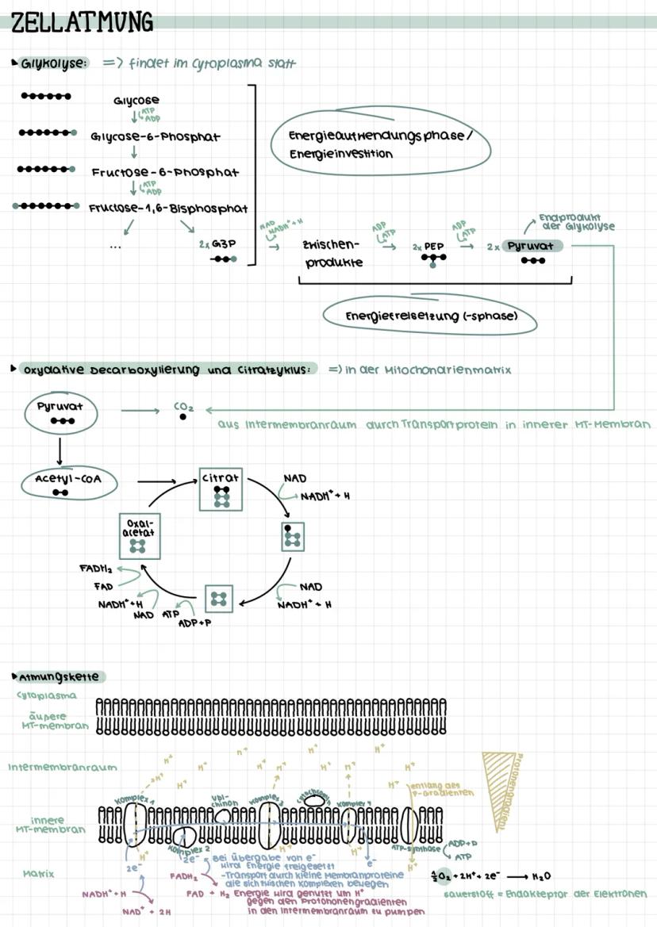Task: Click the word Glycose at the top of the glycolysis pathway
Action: pyautogui.click(x=136, y=100)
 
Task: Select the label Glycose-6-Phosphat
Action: pyautogui.click(x=156, y=136)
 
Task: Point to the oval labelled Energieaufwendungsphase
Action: pyautogui.click(x=378, y=144)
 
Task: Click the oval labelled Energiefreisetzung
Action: pyautogui.click(x=430, y=316)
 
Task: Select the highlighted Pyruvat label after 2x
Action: pyautogui.click(x=530, y=246)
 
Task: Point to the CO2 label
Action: pyautogui.click(x=183, y=408)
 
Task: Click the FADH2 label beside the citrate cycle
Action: pyautogui.click(x=95, y=569)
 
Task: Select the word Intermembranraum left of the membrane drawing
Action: pyautogui.click(x=63, y=767)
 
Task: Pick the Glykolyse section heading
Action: pyautogui.click(x=53, y=63)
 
